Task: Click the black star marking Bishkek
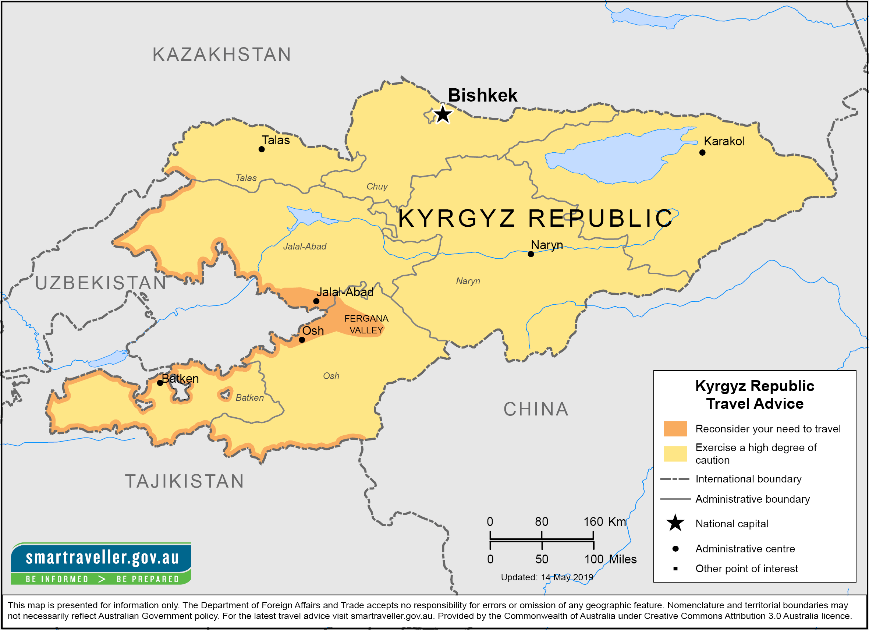click(x=443, y=114)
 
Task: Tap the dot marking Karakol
click(x=702, y=152)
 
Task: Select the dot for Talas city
click(x=262, y=149)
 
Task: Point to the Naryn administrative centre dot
click(x=531, y=254)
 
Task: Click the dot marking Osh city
click(x=302, y=340)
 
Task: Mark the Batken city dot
click(x=160, y=383)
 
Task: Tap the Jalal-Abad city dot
click(x=316, y=301)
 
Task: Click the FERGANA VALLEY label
click(x=366, y=324)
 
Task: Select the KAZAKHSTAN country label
click(x=222, y=54)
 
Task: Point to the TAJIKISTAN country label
click(x=185, y=481)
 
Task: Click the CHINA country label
click(x=536, y=409)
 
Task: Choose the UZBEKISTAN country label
click(x=101, y=283)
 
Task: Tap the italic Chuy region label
click(x=377, y=187)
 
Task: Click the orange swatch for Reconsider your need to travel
click(x=675, y=428)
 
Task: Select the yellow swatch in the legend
click(x=675, y=453)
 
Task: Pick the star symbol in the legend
click(x=675, y=523)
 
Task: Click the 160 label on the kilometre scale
click(x=593, y=521)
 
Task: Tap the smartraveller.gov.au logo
click(x=101, y=563)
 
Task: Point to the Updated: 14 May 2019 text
click(x=547, y=577)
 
